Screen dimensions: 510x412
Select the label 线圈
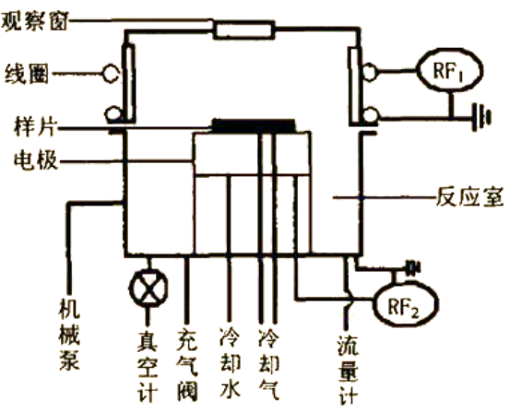(27, 74)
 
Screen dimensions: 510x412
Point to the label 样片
(36, 127)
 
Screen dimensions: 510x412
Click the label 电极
(36, 160)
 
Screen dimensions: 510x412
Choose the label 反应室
(470, 196)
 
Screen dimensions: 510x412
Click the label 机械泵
(69, 335)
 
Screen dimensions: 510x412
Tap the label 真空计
(148, 368)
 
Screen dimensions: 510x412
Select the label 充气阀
(187, 366)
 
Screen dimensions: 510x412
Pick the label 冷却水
(231, 363)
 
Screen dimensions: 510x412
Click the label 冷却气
(268, 363)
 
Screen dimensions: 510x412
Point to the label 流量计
(348, 370)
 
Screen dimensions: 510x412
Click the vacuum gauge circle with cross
(148, 288)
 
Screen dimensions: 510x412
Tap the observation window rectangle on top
(244, 29)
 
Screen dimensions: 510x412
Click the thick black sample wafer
(254, 126)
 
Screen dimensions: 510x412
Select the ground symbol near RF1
(482, 116)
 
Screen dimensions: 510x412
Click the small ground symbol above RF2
(412, 268)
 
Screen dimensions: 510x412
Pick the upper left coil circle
(111, 74)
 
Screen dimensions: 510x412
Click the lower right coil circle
(371, 116)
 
